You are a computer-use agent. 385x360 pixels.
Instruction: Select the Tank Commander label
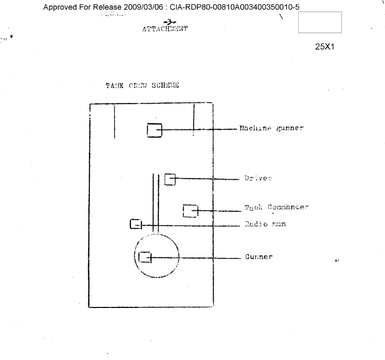coord(276,208)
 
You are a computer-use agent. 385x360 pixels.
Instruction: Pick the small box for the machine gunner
coord(154,129)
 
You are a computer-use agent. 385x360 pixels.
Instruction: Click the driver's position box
coord(169,179)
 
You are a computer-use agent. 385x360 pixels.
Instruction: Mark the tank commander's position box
coord(190,210)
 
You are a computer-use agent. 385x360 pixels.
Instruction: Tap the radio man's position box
coord(136,224)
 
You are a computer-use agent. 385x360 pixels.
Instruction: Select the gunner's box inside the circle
coord(144,257)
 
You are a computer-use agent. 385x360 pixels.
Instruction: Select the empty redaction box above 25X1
coord(319,23)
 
